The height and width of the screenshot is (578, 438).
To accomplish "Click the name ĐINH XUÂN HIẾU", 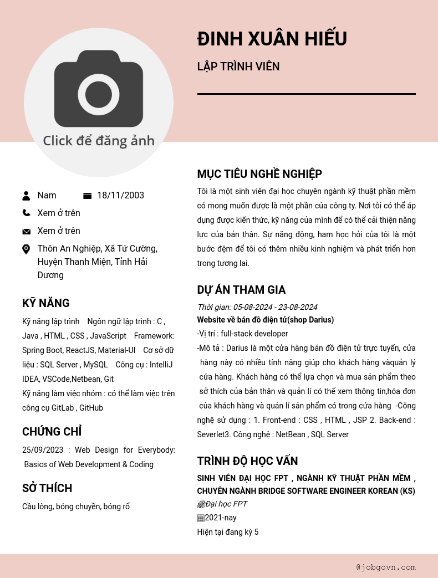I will [272, 39].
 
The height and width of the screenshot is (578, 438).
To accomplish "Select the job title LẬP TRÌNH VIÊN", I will [238, 67].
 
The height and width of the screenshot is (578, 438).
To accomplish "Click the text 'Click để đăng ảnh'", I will [99, 141].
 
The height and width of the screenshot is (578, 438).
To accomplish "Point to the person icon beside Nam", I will [26, 196].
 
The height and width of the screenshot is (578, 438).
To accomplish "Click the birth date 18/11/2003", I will [120, 196].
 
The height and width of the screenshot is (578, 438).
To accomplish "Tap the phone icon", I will [26, 213].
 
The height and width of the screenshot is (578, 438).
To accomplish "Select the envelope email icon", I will [26, 231].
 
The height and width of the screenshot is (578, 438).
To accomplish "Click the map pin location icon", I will [26, 249].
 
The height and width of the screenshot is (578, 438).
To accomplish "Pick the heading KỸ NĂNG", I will [46, 303].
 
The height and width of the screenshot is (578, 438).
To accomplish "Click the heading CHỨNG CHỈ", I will [52, 432].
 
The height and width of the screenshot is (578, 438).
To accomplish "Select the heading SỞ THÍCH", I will [47, 488].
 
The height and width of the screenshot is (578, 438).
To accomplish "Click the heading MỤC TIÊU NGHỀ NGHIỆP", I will [259, 174].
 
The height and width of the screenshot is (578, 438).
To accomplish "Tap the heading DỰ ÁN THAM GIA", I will [241, 290].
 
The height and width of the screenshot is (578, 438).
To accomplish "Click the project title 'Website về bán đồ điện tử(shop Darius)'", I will [265, 320].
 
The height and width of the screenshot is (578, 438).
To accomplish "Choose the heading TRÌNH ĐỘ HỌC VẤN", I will [247, 461].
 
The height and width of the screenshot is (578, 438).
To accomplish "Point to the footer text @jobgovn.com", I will [386, 567].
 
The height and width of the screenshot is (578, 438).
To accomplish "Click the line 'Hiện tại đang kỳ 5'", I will [228, 532].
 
